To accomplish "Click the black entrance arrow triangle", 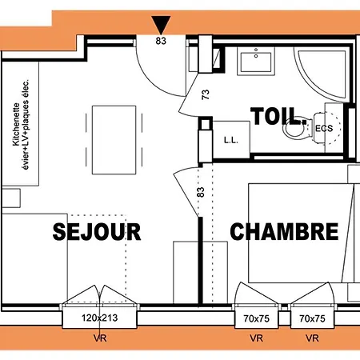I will [162, 25].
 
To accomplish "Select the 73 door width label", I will [206, 96].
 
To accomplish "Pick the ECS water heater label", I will [324, 128].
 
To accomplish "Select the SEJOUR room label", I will [97, 232].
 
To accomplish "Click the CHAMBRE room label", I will [284, 232].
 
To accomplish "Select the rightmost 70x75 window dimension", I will [312, 318].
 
